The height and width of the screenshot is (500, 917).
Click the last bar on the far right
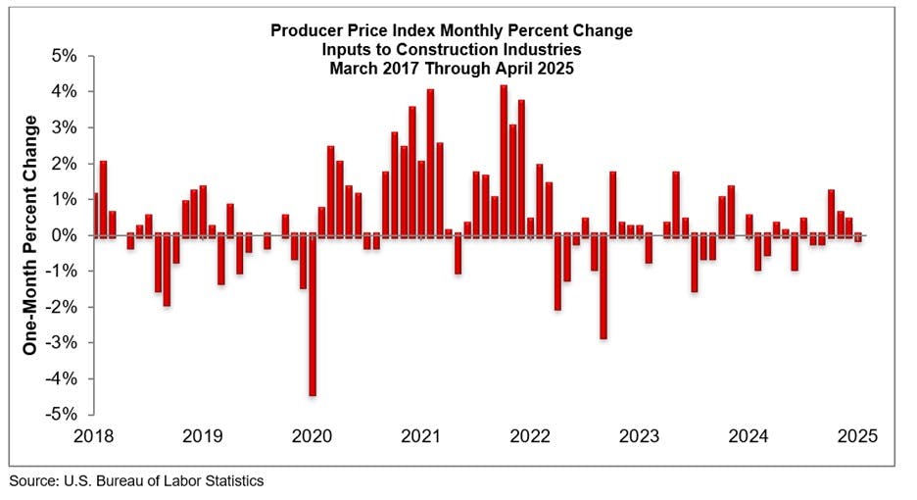click(858, 238)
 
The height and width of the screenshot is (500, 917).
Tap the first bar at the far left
click(94, 214)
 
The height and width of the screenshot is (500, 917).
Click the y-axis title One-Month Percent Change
click(31, 235)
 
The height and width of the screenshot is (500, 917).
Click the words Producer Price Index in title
click(345, 30)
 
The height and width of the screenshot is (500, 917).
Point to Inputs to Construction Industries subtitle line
click(452, 48)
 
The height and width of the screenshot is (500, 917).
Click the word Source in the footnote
click(31, 481)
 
